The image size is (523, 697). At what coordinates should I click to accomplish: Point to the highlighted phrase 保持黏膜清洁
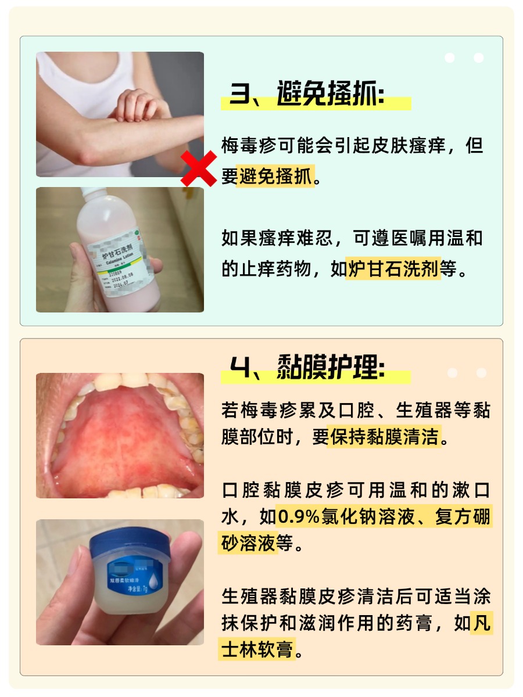coord(384,436)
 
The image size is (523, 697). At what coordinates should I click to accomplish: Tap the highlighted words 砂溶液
coord(248,543)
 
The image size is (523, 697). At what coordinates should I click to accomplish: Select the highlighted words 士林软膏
coord(257,648)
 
